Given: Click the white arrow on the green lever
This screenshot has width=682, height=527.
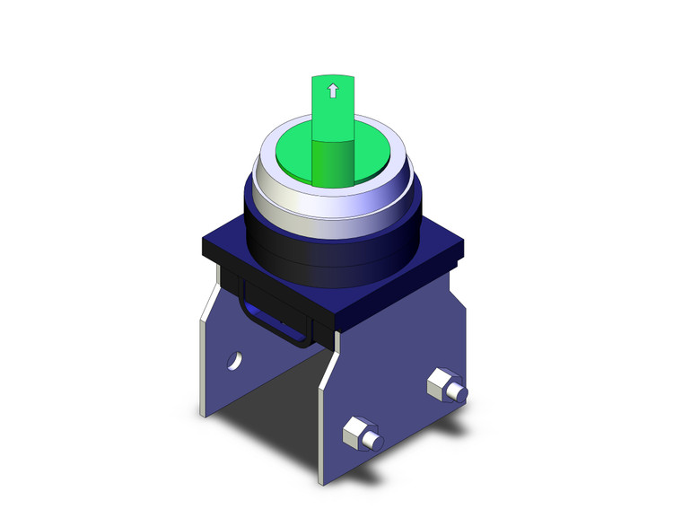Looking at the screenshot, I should point(333,90).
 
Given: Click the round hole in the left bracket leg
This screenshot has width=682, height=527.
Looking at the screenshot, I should point(233,361).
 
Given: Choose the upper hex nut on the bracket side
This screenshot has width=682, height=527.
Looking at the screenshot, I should point(441,382).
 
